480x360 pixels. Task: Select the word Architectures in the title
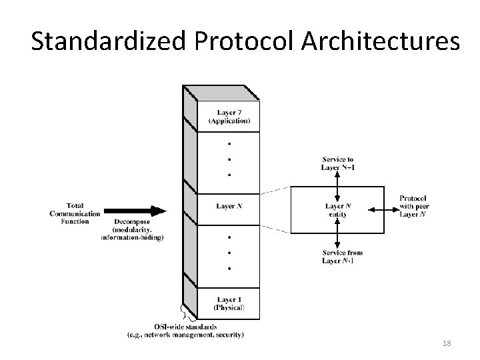[380, 41]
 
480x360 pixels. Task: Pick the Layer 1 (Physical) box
[229, 303]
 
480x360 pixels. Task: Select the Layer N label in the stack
[229, 206]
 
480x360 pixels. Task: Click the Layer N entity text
[338, 210]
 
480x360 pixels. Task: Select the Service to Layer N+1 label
[338, 163]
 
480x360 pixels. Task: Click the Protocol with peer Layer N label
[413, 206]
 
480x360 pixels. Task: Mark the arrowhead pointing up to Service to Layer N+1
[338, 175]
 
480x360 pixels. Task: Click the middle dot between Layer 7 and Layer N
[229, 159]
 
